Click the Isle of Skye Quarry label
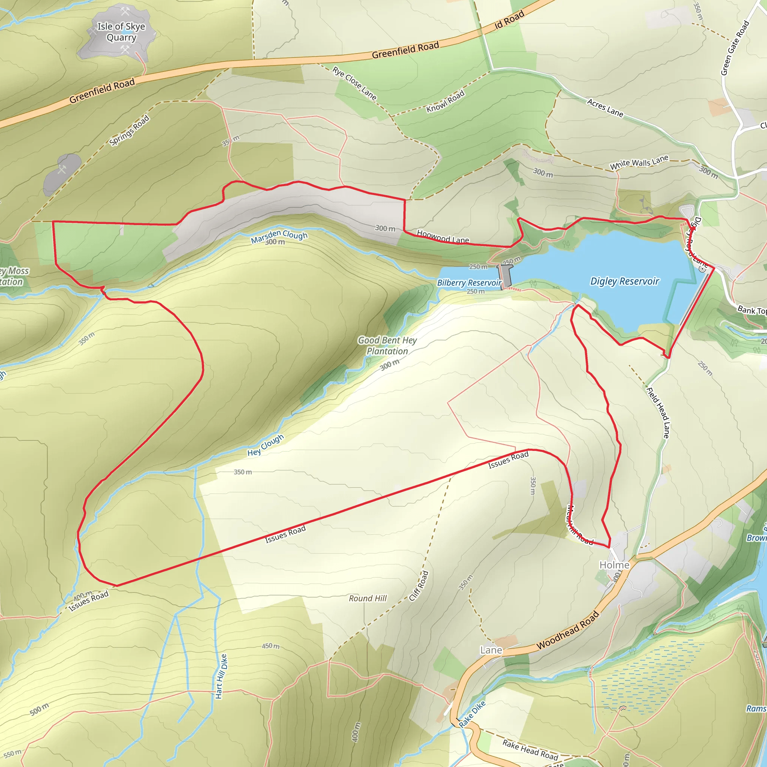pos(121,32)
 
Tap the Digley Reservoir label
pos(624,282)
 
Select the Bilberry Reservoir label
pos(469,283)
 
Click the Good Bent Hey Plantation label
pos(387,346)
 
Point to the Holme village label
pos(614,565)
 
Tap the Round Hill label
pos(368,598)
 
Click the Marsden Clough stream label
pos(279,237)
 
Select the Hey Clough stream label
pos(266,445)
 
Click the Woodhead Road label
pos(568,631)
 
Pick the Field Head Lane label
pos(658,413)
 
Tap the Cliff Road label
pos(419,586)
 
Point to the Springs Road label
pos(130,130)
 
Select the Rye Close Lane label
pos(355,84)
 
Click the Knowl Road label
pos(445,102)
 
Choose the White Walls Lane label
pos(639,163)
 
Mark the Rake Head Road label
pos(530,749)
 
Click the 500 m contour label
pos(39,709)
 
